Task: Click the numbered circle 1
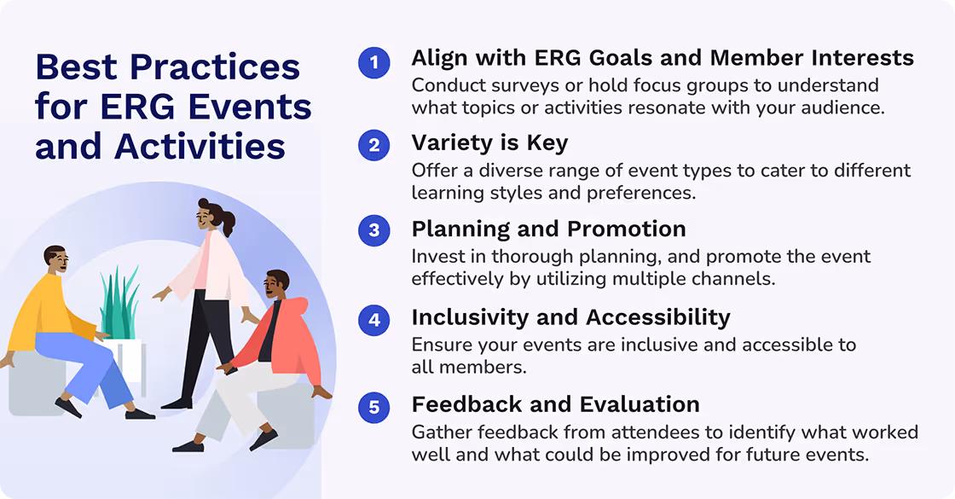373,62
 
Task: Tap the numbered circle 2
373,146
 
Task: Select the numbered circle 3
373,232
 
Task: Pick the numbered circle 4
373,320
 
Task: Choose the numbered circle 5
373,407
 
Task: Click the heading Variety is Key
489,143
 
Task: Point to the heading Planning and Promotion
548,229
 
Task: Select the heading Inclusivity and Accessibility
570,317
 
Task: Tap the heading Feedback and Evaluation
555,403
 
